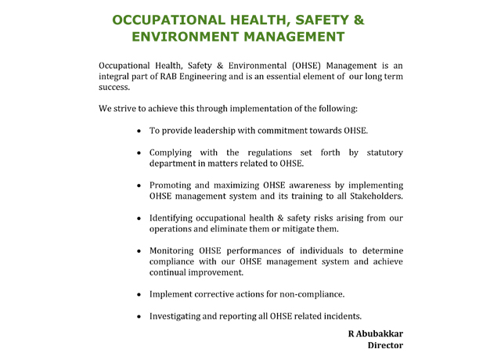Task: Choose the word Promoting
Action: pyautogui.click(x=173, y=185)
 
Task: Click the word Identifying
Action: pyautogui.click(x=175, y=218)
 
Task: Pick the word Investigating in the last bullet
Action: pyautogui.click(x=178, y=316)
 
